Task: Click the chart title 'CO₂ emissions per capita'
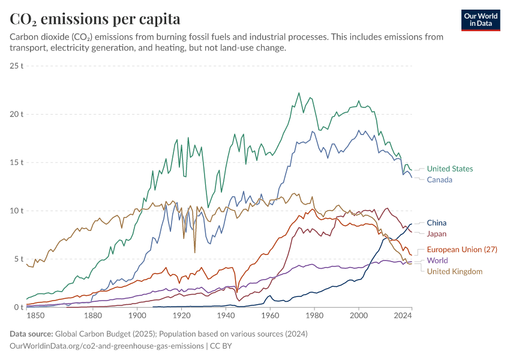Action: click(x=95, y=19)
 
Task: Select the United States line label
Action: click(x=450, y=169)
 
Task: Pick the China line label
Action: click(x=436, y=223)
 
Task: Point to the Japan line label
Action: click(x=436, y=233)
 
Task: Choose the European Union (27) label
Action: click(x=461, y=250)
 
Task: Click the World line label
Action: click(x=437, y=260)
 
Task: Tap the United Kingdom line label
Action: click(x=454, y=271)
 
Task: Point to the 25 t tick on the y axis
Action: click(x=16, y=65)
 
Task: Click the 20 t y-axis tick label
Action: click(x=16, y=114)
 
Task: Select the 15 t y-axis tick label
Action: click(x=16, y=162)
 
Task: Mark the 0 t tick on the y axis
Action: click(x=19, y=307)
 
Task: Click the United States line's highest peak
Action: click(x=299, y=93)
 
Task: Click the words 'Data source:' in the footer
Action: click(x=31, y=334)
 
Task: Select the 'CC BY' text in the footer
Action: click(x=221, y=346)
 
